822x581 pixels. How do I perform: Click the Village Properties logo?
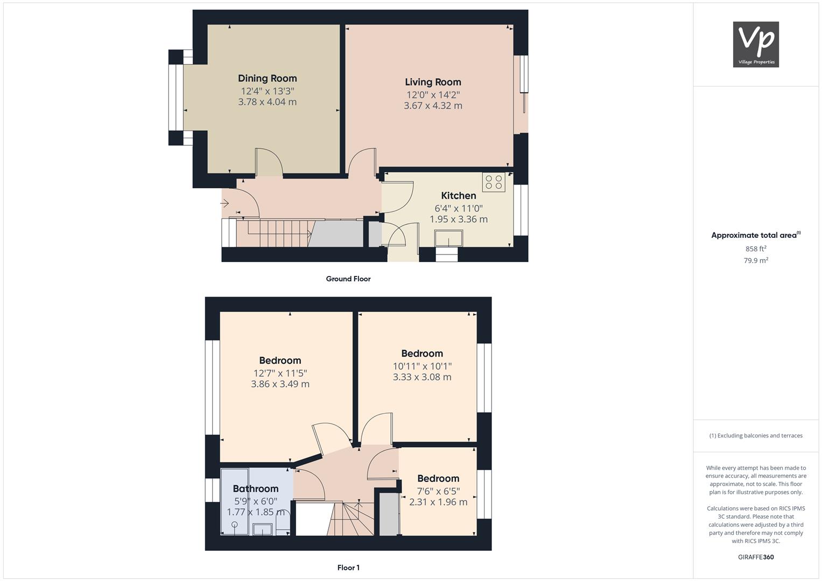pyautogui.click(x=756, y=44)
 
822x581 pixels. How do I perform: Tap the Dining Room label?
pyautogui.click(x=267, y=79)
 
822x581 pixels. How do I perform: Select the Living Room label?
pyautogui.click(x=433, y=82)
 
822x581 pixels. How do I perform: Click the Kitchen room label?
pyautogui.click(x=458, y=196)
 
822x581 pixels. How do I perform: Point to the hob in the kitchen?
pyautogui.click(x=494, y=182)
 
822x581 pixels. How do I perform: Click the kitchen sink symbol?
pyautogui.click(x=449, y=238)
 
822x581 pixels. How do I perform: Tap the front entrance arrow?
pyautogui.click(x=224, y=203)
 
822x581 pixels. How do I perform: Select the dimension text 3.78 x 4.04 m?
pyautogui.click(x=267, y=102)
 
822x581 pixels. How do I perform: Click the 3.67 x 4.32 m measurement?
pyautogui.click(x=433, y=106)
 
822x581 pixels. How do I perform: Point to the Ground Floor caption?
pyautogui.click(x=348, y=279)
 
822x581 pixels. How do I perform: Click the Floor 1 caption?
pyautogui.click(x=348, y=568)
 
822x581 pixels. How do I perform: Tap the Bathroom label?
pyautogui.click(x=255, y=489)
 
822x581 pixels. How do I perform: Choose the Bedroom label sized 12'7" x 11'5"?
pyautogui.click(x=280, y=361)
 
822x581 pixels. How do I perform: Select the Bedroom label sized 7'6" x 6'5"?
pyautogui.click(x=438, y=479)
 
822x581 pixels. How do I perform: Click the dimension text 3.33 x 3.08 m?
pyautogui.click(x=421, y=377)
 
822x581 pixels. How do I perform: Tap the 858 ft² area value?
pyautogui.click(x=755, y=249)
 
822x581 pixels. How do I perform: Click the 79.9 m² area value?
pyautogui.click(x=755, y=261)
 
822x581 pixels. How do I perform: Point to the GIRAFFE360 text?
pyautogui.click(x=755, y=557)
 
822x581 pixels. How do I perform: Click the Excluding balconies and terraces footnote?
pyautogui.click(x=755, y=436)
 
